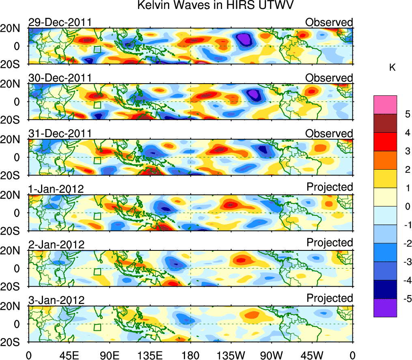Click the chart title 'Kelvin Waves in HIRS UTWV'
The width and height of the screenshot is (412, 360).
click(x=215, y=6)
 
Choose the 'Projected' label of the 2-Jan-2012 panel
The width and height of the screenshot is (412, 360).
click(x=330, y=242)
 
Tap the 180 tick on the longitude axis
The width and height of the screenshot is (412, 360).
click(x=190, y=355)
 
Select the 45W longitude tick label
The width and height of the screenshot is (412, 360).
click(x=312, y=355)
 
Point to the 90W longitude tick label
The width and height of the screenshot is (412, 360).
click(x=272, y=355)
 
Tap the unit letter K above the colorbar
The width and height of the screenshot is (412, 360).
click(x=392, y=68)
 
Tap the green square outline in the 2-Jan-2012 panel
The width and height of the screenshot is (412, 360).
click(x=97, y=272)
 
